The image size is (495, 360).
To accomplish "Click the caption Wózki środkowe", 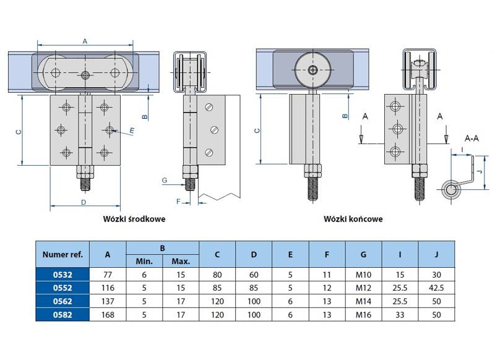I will [135, 218].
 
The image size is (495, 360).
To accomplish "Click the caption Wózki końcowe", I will [353, 218].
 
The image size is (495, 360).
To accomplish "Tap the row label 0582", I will [62, 315].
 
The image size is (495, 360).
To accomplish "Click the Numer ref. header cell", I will [62, 254].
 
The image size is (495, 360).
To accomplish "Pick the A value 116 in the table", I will [108, 288].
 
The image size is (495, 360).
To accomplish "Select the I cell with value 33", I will [400, 315].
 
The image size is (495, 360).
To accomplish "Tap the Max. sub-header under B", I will [181, 261].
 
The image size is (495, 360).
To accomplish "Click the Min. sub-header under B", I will [144, 261].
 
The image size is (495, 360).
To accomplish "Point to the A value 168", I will [108, 315].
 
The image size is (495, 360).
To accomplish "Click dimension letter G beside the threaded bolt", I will [164, 180].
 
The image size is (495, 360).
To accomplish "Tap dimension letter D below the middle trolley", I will [82, 202].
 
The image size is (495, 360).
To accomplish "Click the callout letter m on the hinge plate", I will [132, 131].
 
